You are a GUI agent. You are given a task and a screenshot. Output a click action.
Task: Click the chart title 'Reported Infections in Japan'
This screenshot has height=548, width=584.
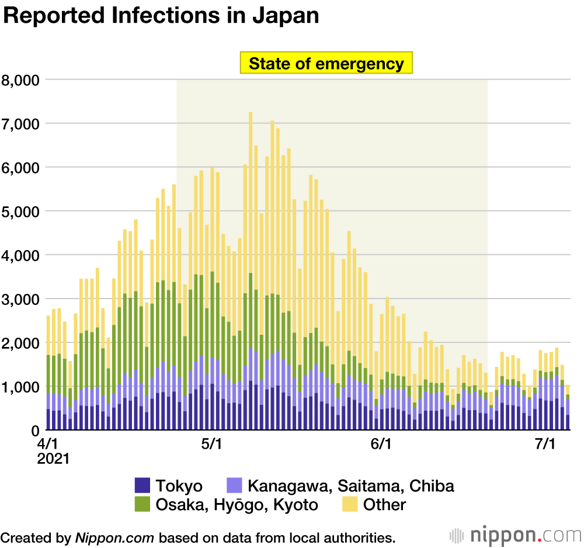(x=161, y=16)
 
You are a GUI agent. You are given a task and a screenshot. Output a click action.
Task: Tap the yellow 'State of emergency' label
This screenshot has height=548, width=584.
(x=326, y=63)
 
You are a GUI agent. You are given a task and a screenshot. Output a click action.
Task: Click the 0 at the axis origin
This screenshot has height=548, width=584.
(x=34, y=431)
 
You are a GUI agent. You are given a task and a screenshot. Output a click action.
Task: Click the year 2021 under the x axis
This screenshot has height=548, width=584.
(x=53, y=459)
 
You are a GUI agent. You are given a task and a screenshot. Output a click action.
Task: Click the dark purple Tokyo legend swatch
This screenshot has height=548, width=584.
(x=142, y=485)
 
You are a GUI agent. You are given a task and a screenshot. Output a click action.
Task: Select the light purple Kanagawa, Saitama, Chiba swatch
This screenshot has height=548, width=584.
(x=234, y=485)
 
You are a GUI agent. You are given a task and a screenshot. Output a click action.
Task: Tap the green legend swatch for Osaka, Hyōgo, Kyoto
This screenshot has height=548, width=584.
(x=142, y=504)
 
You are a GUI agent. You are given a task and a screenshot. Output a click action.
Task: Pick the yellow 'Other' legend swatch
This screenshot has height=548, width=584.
(x=349, y=504)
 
